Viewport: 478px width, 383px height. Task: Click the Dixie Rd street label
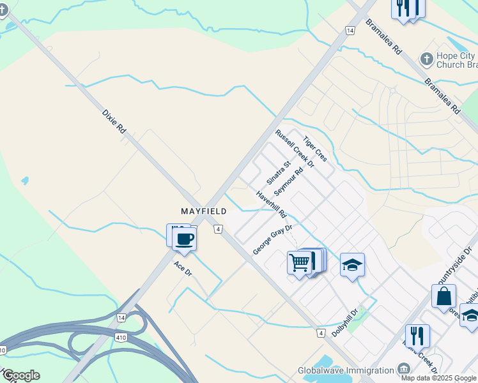click(114, 121)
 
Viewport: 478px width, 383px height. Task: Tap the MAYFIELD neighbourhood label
click(203, 211)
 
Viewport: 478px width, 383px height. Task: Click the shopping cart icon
click(300, 262)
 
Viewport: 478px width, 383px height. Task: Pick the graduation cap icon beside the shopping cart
click(352, 265)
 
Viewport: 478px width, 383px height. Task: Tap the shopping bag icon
click(443, 297)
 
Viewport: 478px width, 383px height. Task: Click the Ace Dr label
click(183, 269)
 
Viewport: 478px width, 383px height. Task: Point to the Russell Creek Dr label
click(295, 149)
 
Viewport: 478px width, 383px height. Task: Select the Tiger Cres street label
click(315, 149)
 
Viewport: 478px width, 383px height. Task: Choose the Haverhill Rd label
click(272, 204)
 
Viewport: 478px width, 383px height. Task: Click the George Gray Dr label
click(272, 239)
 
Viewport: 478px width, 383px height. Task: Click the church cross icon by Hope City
click(426, 60)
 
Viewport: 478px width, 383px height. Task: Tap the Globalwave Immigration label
click(346, 370)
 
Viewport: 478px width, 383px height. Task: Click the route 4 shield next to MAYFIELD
click(218, 229)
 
